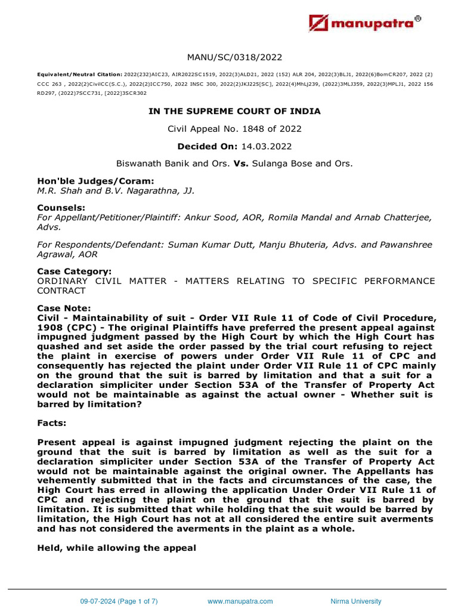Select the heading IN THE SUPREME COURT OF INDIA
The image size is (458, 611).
(234, 111)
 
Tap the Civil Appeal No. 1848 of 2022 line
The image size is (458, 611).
(234, 128)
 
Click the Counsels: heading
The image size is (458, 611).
(58, 208)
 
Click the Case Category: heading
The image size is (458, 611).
(75, 271)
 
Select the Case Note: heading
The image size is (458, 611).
(64, 308)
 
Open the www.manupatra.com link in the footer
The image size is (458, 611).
(240, 601)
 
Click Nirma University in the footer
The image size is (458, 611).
(356, 601)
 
